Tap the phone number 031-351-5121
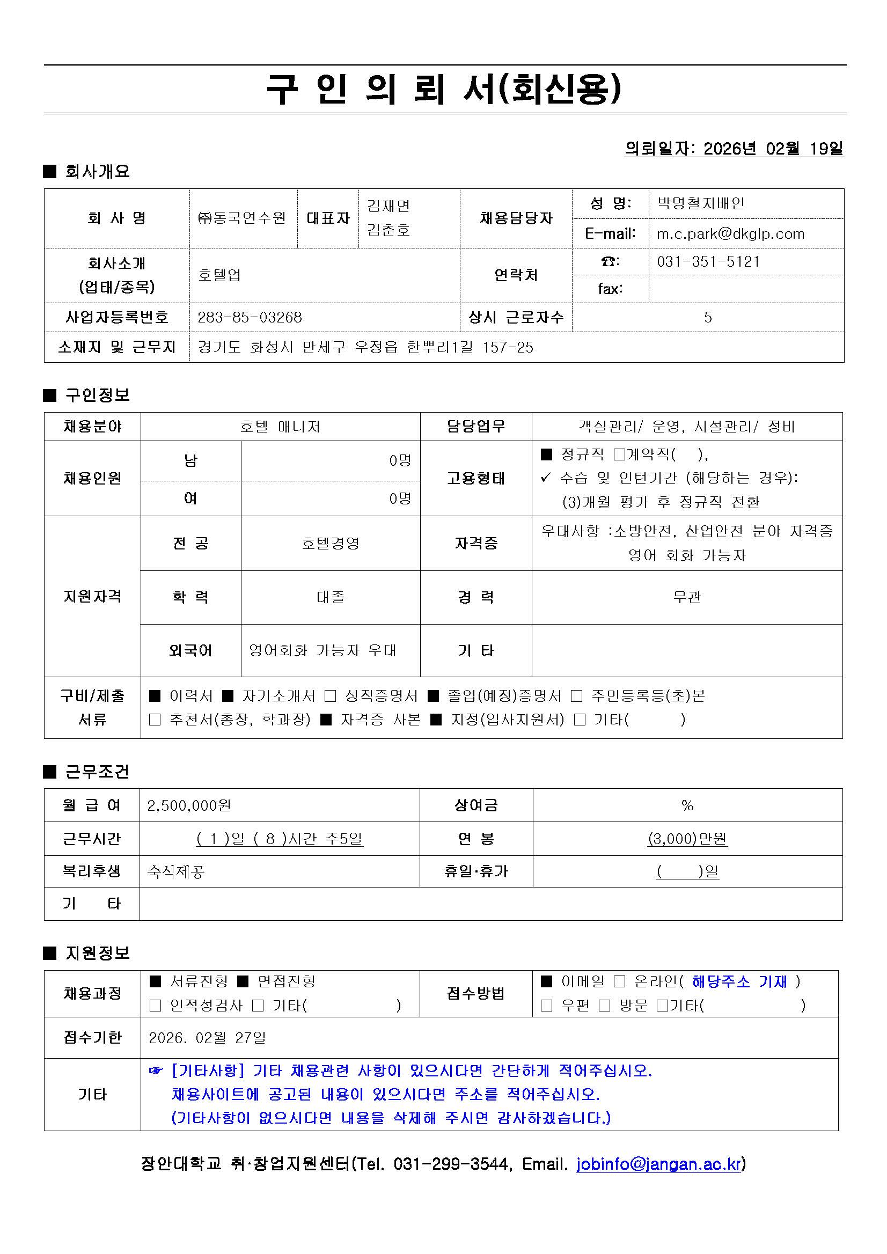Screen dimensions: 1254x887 (x=708, y=262)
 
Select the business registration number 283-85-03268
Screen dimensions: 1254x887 (x=250, y=317)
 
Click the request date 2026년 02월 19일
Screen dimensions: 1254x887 (x=773, y=149)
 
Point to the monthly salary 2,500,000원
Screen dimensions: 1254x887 (x=189, y=805)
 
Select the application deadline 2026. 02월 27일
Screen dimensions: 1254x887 (x=207, y=1038)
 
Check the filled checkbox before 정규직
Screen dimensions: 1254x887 (x=546, y=454)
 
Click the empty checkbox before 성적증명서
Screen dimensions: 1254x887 (x=330, y=696)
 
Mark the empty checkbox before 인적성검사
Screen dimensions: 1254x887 (x=155, y=1006)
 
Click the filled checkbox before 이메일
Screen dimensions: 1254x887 (x=546, y=981)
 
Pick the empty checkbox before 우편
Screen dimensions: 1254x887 (x=546, y=1006)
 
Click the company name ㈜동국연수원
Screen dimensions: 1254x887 (x=242, y=218)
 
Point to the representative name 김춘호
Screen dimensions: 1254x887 (x=388, y=230)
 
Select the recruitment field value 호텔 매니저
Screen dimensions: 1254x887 (x=280, y=427)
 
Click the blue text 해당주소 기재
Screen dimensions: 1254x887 (x=739, y=981)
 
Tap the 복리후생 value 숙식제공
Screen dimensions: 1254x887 (x=176, y=871)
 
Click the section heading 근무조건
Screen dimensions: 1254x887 (x=97, y=771)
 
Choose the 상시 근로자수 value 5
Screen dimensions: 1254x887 (x=708, y=317)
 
